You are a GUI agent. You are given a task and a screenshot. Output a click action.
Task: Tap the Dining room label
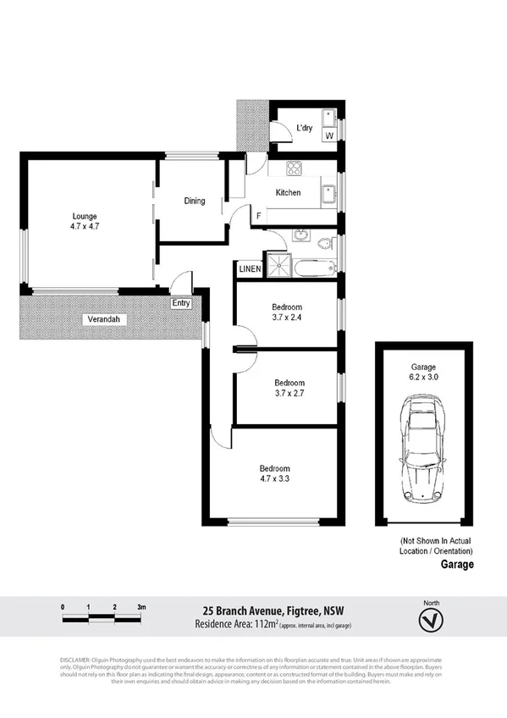[x=195, y=201]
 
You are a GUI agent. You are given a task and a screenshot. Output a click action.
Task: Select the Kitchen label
[x=288, y=193]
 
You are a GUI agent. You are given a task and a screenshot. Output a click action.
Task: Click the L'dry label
[x=304, y=129]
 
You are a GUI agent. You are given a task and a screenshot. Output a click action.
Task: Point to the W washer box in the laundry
[x=329, y=135]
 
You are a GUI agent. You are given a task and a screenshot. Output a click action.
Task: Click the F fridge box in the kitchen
[x=258, y=216]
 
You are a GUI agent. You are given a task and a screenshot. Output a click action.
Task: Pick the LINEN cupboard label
[x=250, y=269]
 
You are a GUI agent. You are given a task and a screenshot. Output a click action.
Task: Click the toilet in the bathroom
[x=324, y=243]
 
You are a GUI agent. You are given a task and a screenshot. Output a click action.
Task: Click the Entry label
[x=181, y=303]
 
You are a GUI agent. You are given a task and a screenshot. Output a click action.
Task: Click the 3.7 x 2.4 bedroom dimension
[x=287, y=318]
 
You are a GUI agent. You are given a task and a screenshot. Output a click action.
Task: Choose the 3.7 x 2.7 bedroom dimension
[x=289, y=393]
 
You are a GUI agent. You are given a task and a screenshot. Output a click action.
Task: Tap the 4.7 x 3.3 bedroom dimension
[x=274, y=479]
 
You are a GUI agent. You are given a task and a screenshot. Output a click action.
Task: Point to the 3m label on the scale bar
[x=141, y=607]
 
